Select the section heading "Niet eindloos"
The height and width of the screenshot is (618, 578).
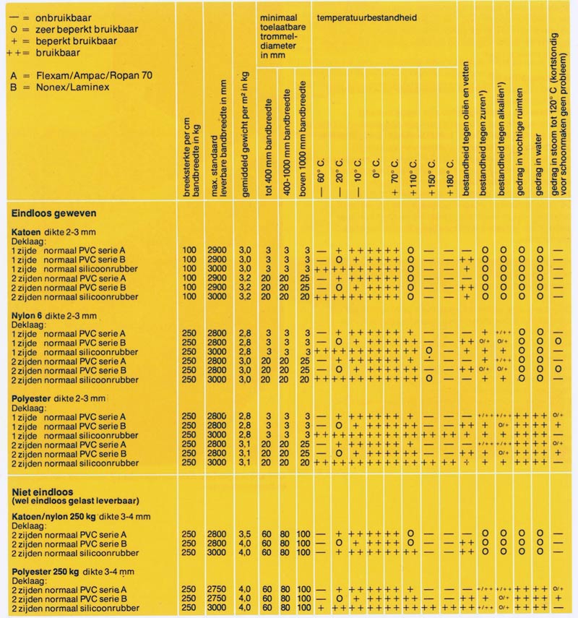(x=41, y=491)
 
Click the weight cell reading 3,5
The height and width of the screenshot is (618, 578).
(x=245, y=533)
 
